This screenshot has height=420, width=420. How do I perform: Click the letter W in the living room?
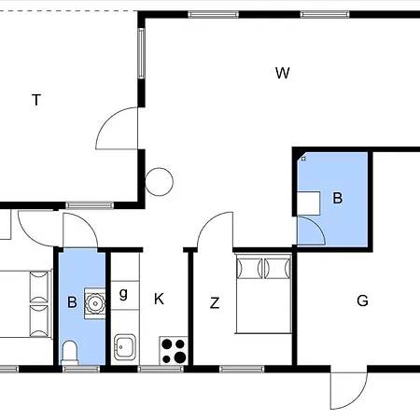pos(283,73)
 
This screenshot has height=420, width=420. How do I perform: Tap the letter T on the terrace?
pos(36,100)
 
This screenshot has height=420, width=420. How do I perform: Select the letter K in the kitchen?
pos(159,299)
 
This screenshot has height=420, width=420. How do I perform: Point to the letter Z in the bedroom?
pos(215,302)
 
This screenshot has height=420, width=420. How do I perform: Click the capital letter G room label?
pos(362,301)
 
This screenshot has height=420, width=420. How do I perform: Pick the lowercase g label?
pos(123,293)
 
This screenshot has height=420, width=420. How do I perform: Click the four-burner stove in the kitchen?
pos(174,351)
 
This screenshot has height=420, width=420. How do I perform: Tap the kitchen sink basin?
pos(125,347)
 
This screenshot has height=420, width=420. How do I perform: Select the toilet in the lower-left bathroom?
pos(70,353)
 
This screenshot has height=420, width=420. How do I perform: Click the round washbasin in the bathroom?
pos(95,303)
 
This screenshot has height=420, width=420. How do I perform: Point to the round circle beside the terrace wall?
pos(159,182)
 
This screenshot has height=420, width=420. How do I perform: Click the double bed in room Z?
pos(263,293)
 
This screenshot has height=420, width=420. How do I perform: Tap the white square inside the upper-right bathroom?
pos(309,203)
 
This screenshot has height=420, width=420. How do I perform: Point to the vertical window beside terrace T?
pos(142,53)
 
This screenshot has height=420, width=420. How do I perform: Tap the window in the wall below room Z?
pos(242,370)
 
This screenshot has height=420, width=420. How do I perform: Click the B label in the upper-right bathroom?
pos(338,198)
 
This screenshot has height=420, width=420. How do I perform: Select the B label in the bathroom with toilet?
pos(72,302)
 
